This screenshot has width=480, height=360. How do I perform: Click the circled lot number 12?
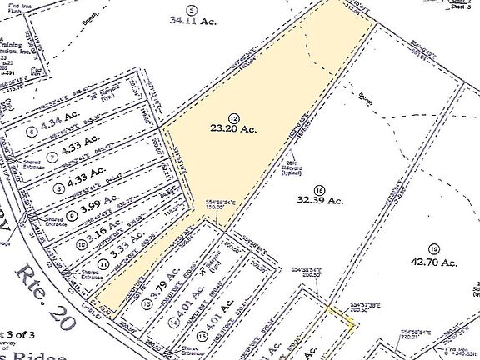click(233, 118)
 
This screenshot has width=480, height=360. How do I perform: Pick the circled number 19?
click(432, 249)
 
